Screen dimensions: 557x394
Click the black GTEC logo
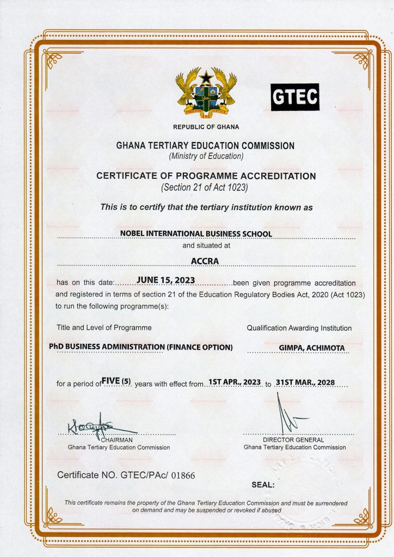(x=295, y=97)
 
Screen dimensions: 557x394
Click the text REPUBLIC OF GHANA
(x=206, y=127)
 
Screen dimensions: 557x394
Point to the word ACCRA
(x=205, y=261)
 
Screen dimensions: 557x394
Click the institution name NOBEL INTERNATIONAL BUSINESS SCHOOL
(x=196, y=234)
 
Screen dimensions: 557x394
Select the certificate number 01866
(x=183, y=475)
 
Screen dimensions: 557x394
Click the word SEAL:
(x=263, y=485)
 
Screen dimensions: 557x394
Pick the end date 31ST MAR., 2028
(x=305, y=382)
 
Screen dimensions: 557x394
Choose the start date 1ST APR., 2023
(x=235, y=382)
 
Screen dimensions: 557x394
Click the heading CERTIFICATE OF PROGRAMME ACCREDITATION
(x=206, y=176)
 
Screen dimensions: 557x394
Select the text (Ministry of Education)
(x=206, y=157)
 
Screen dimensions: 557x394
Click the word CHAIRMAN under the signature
(x=117, y=440)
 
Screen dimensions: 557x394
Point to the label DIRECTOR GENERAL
(x=293, y=440)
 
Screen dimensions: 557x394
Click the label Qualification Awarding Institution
(x=299, y=328)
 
